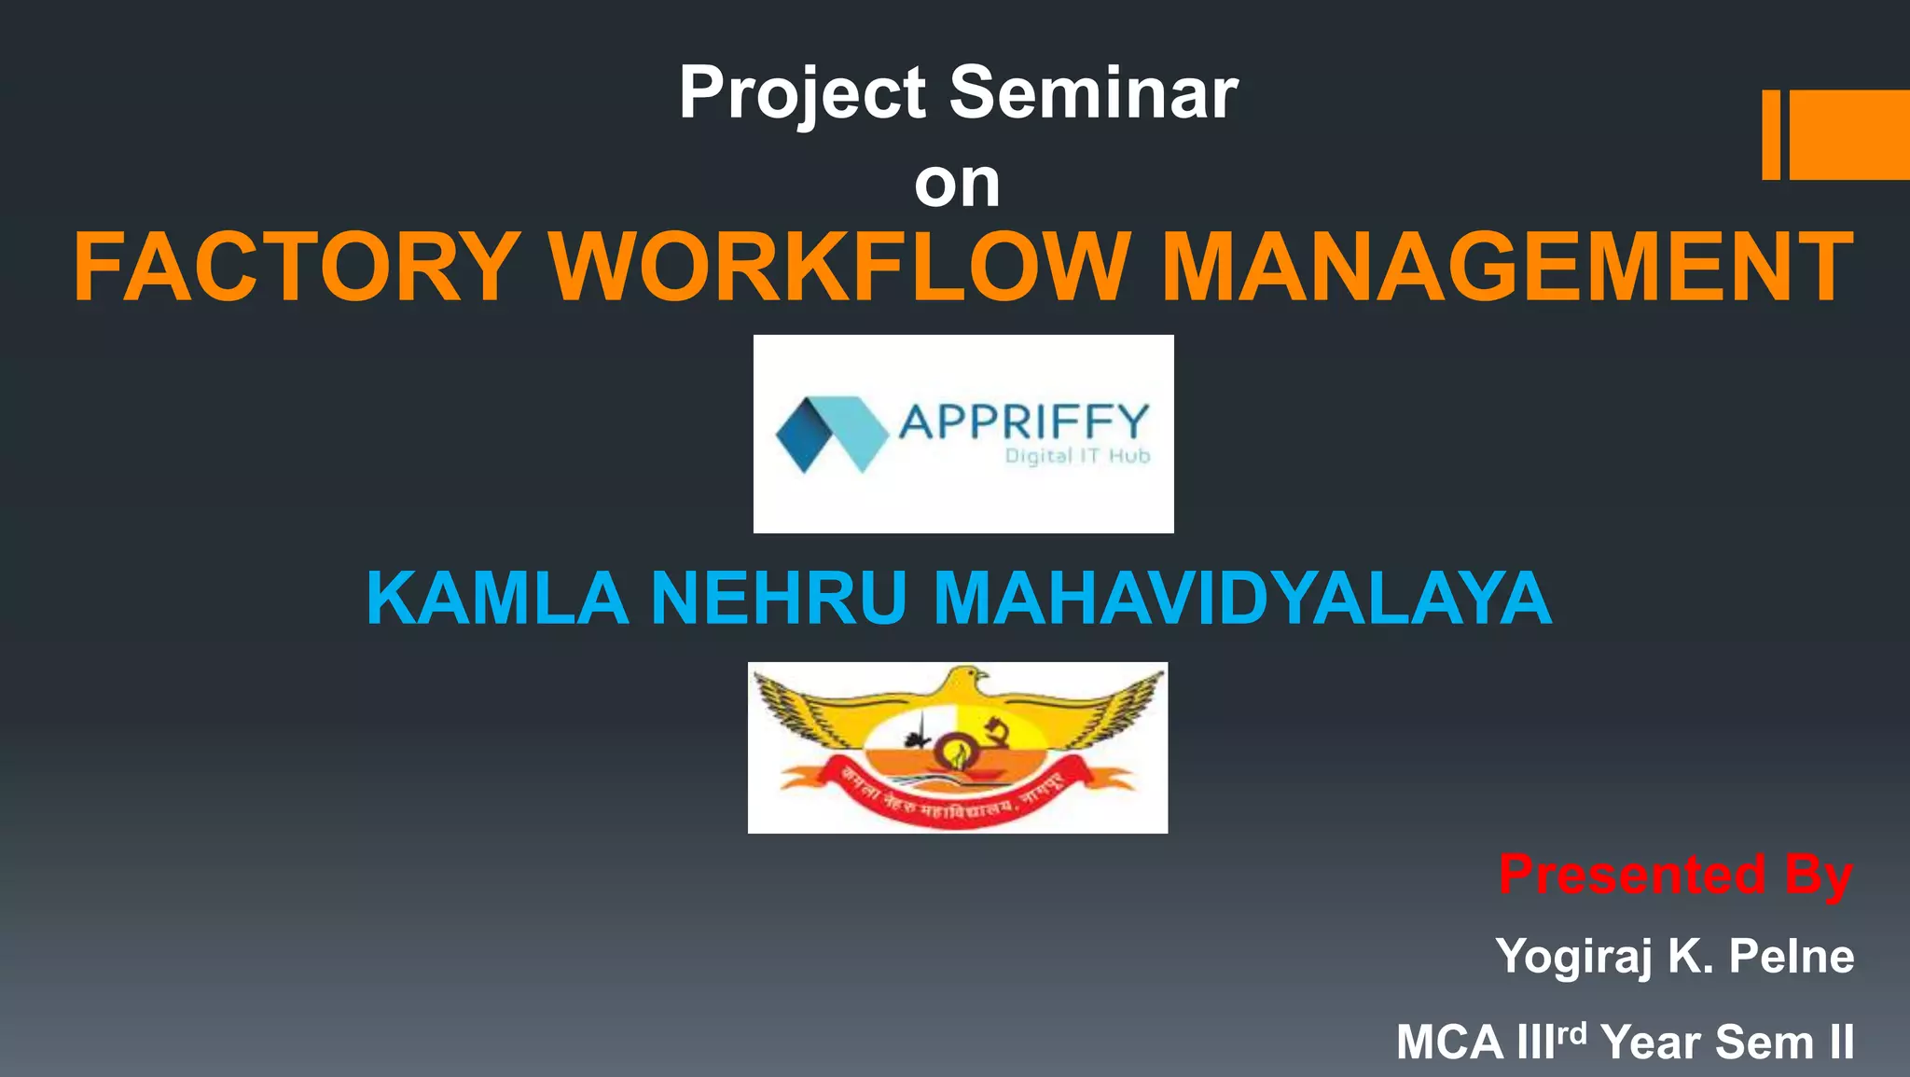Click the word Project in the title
click(802, 94)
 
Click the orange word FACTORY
click(297, 268)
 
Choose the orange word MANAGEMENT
click(1506, 268)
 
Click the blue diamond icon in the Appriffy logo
click(830, 434)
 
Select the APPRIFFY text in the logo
click(1023, 421)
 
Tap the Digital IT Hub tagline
click(1077, 456)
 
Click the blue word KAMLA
click(497, 598)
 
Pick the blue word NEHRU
click(779, 598)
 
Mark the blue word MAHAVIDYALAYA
click(1242, 598)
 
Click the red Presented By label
click(1675, 875)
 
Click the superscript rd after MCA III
click(1572, 1033)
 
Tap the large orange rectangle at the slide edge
click(1849, 134)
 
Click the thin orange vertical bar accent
click(1770, 134)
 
